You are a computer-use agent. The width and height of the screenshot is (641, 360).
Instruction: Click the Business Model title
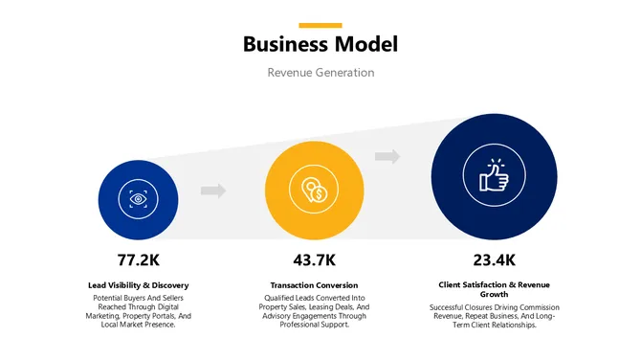[320, 44]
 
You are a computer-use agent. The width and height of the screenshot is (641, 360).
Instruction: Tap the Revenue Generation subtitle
[320, 73]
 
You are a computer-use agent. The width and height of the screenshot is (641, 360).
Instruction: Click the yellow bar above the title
[320, 25]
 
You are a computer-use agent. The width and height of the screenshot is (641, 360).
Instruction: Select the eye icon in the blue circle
[138, 199]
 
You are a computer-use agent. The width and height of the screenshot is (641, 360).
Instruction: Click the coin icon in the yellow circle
[314, 190]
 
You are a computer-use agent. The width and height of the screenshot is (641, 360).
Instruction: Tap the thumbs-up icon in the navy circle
[494, 175]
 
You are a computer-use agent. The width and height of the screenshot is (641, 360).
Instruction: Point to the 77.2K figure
[138, 259]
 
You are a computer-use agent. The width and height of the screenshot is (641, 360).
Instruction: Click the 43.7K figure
[314, 259]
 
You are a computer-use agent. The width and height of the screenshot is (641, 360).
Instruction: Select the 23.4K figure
[494, 259]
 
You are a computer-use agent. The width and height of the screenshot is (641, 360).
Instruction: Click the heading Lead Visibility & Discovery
[138, 285]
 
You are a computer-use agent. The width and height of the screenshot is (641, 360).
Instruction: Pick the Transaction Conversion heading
[314, 285]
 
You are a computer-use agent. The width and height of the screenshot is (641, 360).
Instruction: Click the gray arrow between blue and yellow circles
[213, 191]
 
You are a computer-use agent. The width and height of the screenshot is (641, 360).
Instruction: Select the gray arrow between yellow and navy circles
[387, 156]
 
